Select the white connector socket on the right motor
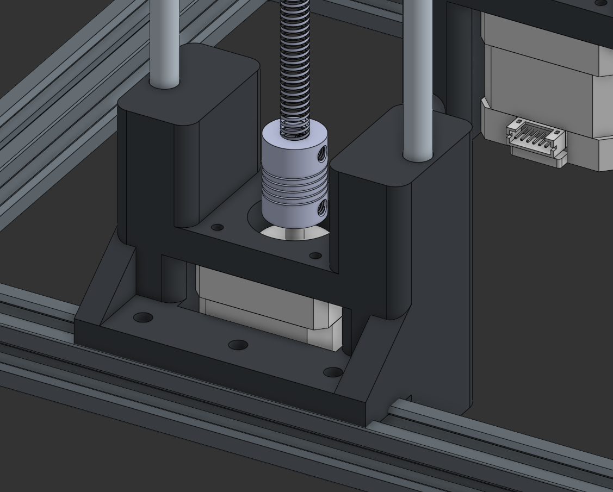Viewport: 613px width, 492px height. tap(536, 140)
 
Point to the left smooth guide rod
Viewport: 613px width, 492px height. tap(164, 43)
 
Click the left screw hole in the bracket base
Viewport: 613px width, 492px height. tap(143, 317)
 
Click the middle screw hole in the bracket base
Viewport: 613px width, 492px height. tap(238, 345)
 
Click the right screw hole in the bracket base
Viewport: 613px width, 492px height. tap(332, 372)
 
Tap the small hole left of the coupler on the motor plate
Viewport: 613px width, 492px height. tap(217, 227)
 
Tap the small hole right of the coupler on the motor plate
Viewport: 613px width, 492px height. tap(315, 256)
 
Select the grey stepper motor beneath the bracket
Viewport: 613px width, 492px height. tap(261, 304)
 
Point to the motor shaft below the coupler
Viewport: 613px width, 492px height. tap(294, 233)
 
